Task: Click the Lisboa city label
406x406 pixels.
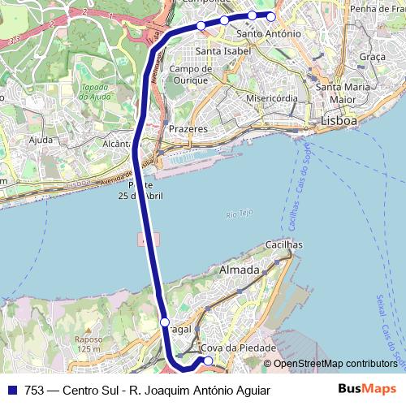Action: tap(339, 121)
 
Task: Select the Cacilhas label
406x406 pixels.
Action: tap(283, 244)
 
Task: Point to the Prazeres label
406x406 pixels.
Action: tap(188, 129)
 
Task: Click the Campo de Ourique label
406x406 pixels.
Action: tap(191, 74)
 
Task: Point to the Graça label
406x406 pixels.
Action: tap(372, 57)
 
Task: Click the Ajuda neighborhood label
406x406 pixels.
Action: tap(40, 140)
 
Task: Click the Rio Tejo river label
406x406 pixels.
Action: tap(240, 214)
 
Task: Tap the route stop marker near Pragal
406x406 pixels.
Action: tap(165, 323)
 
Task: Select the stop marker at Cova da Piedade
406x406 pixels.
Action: tap(208, 361)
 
